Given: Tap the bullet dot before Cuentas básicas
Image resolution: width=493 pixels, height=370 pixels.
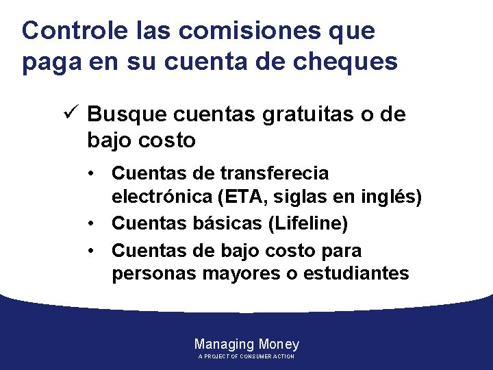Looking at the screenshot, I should click(x=94, y=223).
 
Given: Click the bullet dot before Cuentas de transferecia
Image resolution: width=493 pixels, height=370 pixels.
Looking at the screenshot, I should click(x=94, y=173).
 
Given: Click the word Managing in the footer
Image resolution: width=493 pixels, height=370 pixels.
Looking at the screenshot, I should click(x=224, y=344).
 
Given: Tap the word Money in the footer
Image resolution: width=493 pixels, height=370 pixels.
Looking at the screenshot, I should click(x=279, y=344).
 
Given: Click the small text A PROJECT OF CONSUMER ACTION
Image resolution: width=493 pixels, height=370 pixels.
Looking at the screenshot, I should click(x=246, y=357).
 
